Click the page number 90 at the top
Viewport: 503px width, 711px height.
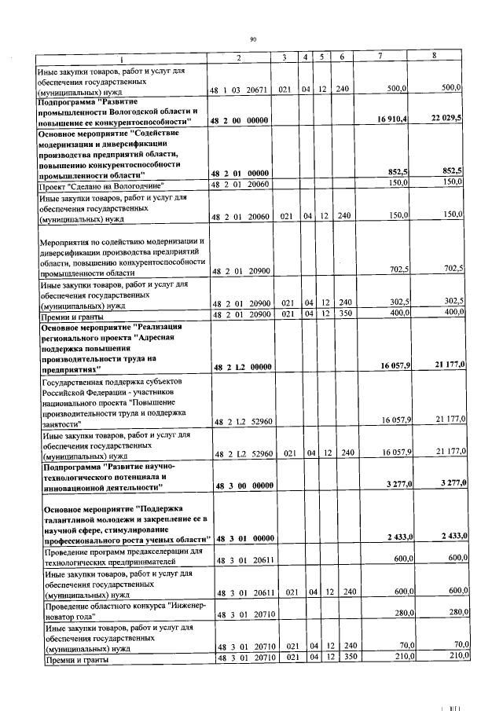coord(253,38)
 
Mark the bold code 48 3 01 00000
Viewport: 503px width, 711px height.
coord(243,537)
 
